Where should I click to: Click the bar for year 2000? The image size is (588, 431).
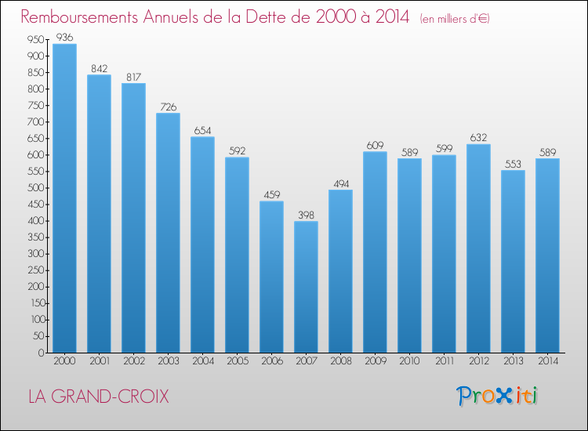tap(64, 198)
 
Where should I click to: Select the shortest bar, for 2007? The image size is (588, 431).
tap(306, 287)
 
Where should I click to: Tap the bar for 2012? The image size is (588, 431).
tap(478, 248)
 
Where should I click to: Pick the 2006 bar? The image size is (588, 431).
tap(271, 277)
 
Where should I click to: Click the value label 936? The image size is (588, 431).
tap(64, 37)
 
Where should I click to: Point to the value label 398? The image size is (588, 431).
tap(306, 215)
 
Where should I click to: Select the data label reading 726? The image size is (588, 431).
tap(168, 107)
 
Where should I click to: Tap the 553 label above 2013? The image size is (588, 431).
tap(513, 164)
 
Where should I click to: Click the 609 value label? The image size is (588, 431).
tap(375, 145)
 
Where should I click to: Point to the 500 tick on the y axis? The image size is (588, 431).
tap(36, 188)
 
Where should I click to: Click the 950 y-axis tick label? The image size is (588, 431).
tap(36, 39)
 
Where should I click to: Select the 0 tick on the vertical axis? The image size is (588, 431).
tap(42, 353)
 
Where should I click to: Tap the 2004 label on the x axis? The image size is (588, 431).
tap(203, 361)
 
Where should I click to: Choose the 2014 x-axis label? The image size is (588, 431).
tap(548, 361)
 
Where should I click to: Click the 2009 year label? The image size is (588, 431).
tap(376, 361)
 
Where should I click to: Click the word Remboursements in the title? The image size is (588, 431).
tap(79, 16)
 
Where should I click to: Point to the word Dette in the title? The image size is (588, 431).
tap(278, 16)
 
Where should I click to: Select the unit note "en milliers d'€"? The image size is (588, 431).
tap(455, 19)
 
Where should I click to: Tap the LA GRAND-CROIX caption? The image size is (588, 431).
tap(99, 397)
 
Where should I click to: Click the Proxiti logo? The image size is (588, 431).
tap(496, 396)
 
